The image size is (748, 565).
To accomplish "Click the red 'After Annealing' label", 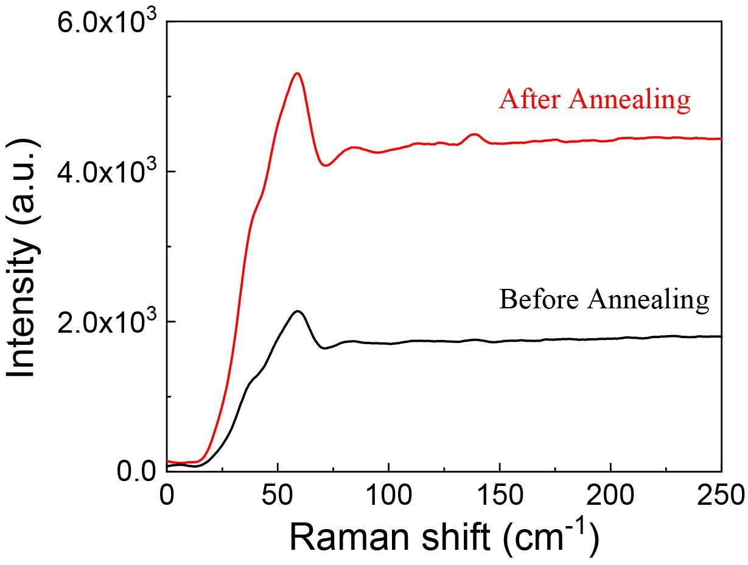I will (594, 100).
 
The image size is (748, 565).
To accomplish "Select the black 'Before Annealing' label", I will (604, 300).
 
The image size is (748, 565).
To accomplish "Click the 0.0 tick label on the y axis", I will (138, 472).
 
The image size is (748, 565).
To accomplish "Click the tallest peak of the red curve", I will (297, 74).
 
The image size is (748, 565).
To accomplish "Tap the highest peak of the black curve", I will (298, 311).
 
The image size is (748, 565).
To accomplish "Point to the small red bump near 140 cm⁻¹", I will (474, 134).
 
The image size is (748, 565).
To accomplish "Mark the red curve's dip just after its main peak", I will (327, 165).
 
